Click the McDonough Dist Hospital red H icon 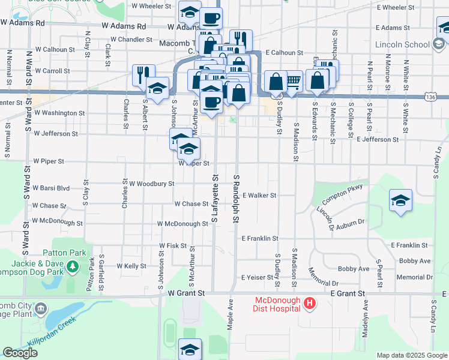click(x=310, y=304)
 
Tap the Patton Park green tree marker click(x=73, y=266)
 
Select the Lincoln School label click(x=402, y=44)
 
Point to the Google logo click(x=20, y=353)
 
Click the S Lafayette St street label click(x=214, y=198)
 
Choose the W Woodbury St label click(x=151, y=184)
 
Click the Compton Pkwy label click(x=343, y=194)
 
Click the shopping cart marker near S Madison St click(x=293, y=80)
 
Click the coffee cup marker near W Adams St click(x=211, y=17)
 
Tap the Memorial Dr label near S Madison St click(x=324, y=276)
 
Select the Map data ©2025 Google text click(x=412, y=355)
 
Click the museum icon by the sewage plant click(x=40, y=308)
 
